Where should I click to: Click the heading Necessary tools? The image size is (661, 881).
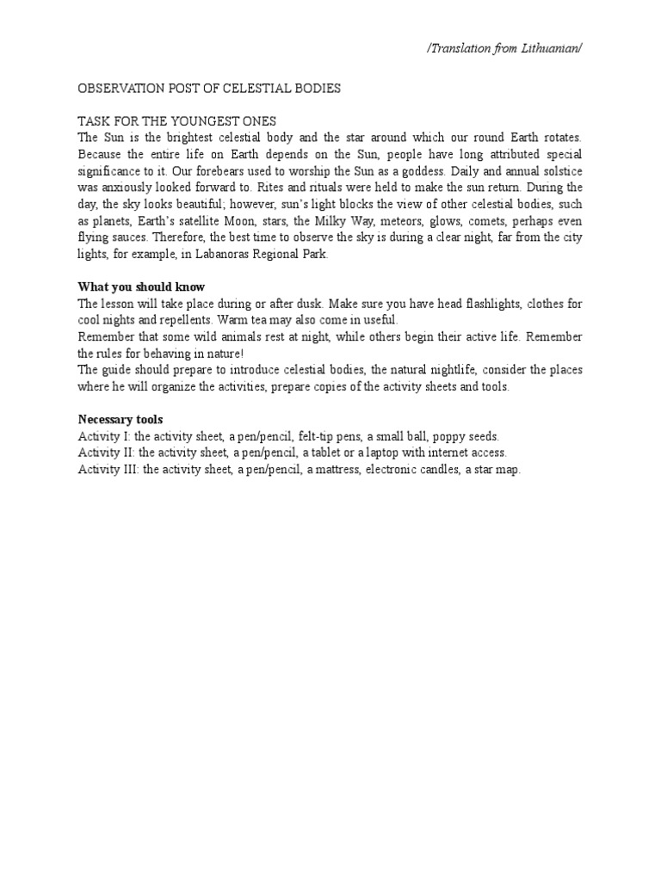[x=120, y=419]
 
